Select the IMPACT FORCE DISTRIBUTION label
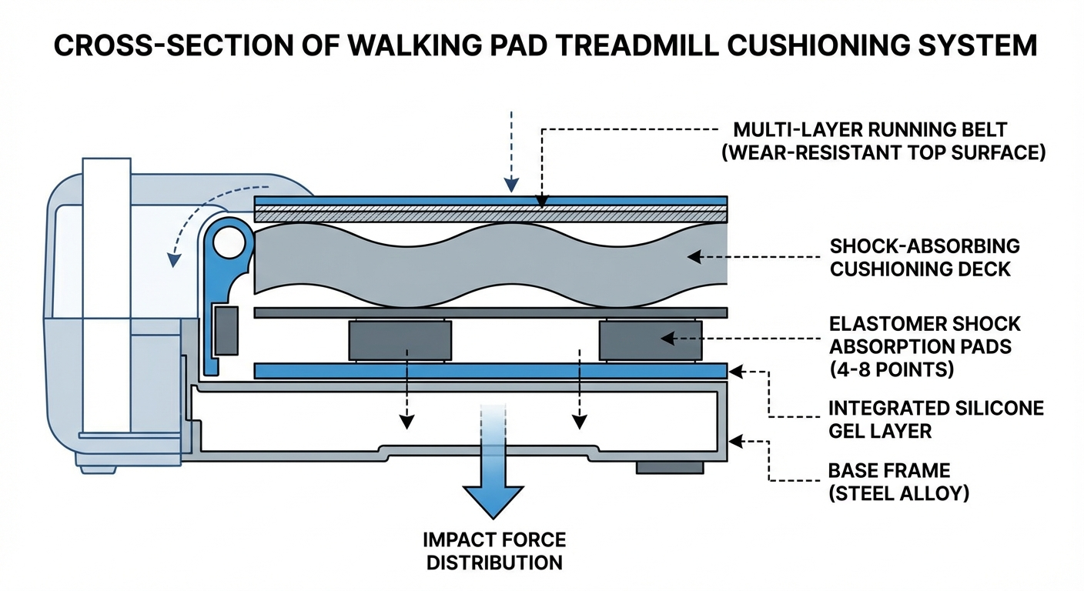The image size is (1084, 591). tap(494, 550)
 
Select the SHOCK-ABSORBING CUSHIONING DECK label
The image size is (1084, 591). tap(925, 257)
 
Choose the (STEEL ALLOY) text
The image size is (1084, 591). tap(898, 492)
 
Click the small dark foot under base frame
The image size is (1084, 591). tap(669, 468)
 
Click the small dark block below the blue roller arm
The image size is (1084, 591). tap(226, 330)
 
